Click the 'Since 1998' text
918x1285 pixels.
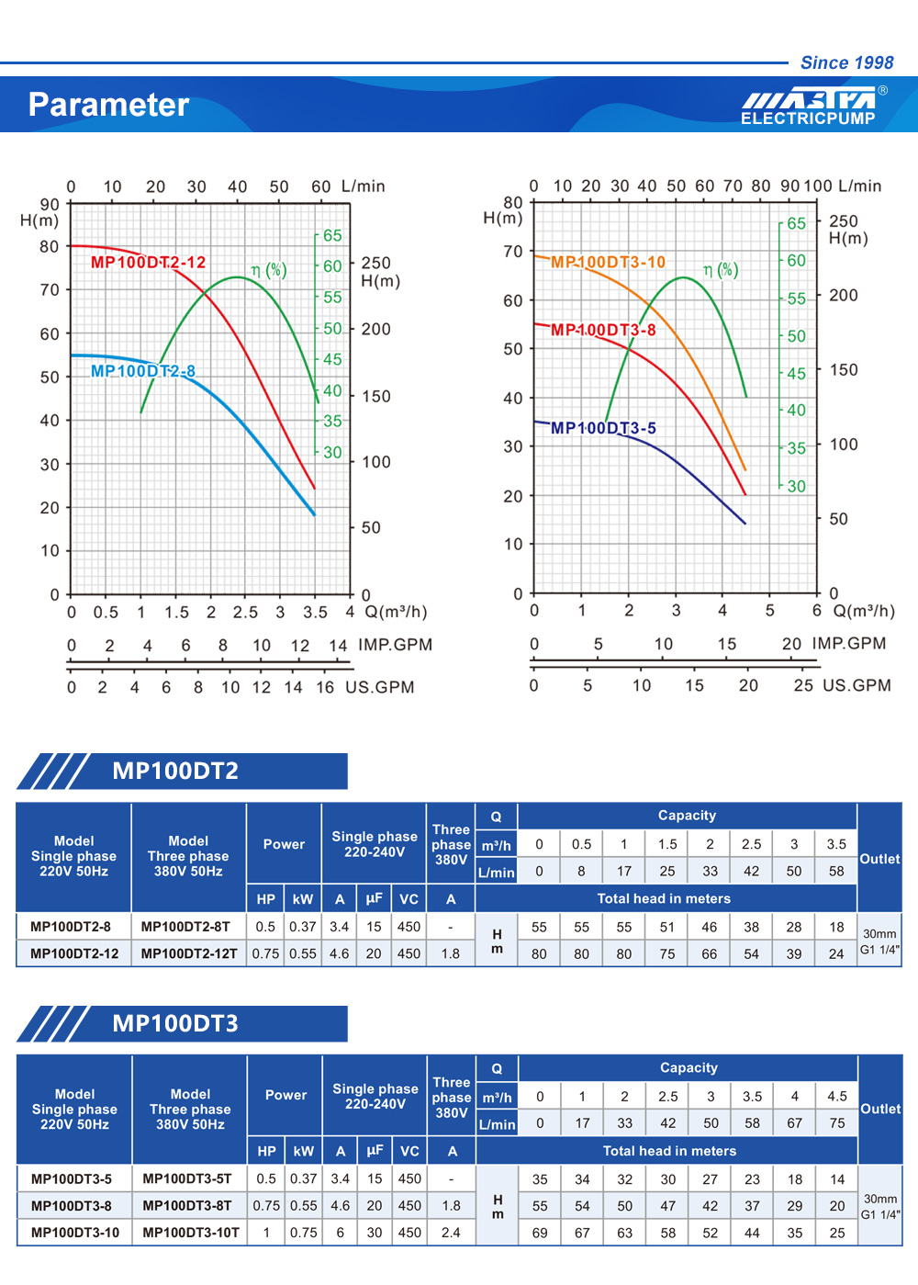pos(846,62)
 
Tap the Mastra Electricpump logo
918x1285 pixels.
pos(809,106)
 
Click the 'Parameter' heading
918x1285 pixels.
pos(108,105)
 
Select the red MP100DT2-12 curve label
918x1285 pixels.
pos(148,262)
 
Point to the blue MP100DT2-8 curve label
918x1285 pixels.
pos(142,371)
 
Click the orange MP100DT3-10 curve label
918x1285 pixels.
pos(608,262)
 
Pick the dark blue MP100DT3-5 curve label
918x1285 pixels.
pos(603,428)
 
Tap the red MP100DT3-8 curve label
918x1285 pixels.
pos(603,330)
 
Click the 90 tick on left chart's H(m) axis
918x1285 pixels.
pos(50,204)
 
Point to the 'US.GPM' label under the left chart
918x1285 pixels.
pos(380,687)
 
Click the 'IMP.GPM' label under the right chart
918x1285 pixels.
pos(849,643)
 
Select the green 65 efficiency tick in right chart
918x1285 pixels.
pos(796,223)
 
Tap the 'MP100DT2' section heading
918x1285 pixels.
pos(175,771)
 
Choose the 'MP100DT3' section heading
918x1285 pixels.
pos(175,1023)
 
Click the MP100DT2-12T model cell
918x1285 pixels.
pos(189,953)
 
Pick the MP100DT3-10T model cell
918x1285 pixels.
pos(191,1233)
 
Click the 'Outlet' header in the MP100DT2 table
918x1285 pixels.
pos(879,859)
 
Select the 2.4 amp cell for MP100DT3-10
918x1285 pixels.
pos(451,1233)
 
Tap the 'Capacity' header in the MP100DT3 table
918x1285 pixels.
pos(688,1067)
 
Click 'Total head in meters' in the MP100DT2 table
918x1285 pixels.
pos(664,898)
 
